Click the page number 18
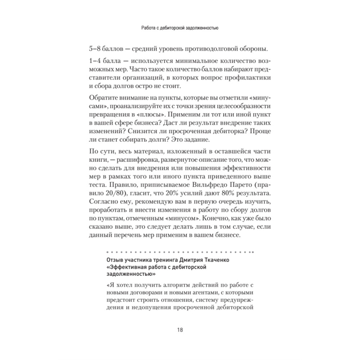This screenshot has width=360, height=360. (180, 330)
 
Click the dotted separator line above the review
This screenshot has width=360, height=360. (180, 252)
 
